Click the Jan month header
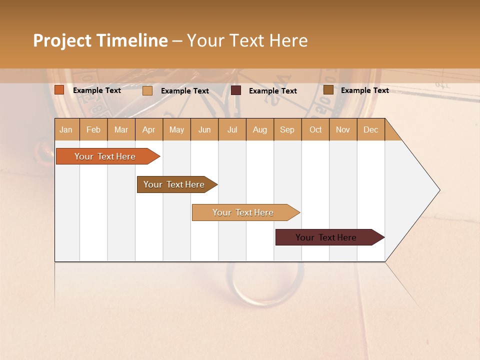66,130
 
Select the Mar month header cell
121,130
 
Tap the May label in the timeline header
176,130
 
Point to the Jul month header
232,130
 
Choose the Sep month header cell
287,130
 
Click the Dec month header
370,130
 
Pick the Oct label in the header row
315,130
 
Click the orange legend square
59,90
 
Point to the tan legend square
147,90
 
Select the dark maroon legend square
236,90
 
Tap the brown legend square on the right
328,90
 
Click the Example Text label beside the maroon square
272,91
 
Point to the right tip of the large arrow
439,190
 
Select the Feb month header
93,130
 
